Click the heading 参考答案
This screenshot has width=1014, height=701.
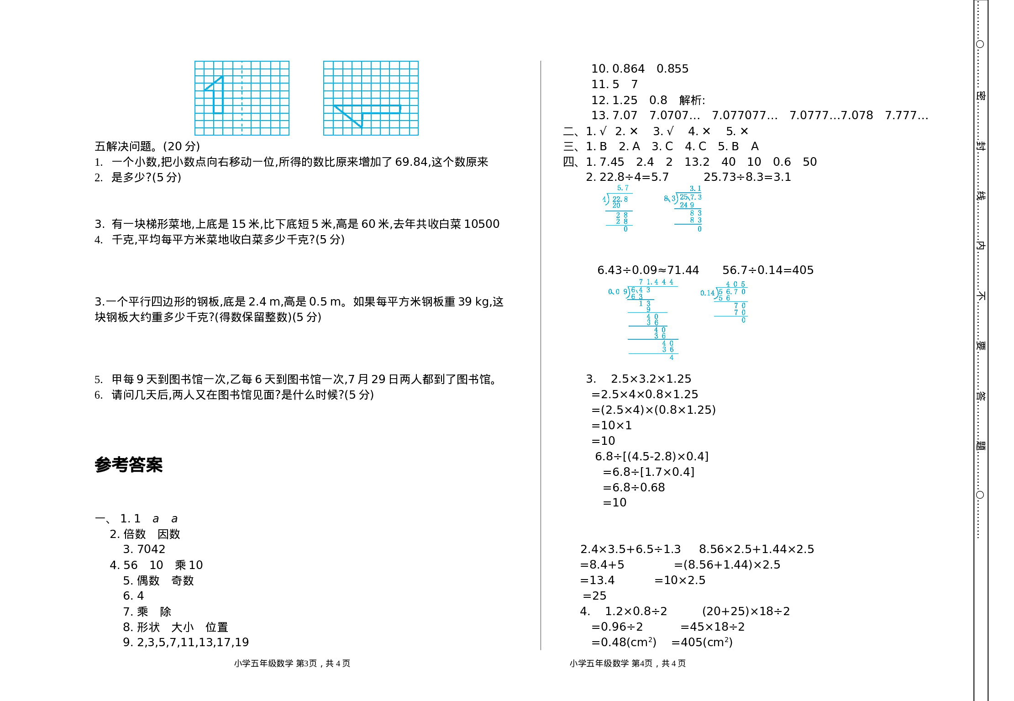pyautogui.click(x=129, y=465)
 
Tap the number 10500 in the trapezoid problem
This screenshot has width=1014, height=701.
pyautogui.click(x=482, y=224)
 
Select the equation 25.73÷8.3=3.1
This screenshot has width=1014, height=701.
pyautogui.click(x=747, y=177)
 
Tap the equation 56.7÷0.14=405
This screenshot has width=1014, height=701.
pyautogui.click(x=767, y=270)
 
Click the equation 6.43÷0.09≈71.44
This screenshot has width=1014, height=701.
pyautogui.click(x=648, y=270)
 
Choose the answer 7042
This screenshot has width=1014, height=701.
pyautogui.click(x=151, y=549)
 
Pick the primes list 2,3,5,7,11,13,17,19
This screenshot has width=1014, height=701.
pyautogui.click(x=193, y=643)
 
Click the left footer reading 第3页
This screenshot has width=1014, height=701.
pyautogui.click(x=306, y=664)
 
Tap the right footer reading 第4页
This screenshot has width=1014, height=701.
pyautogui.click(x=642, y=664)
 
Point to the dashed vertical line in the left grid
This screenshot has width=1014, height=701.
pyautogui.click(x=242, y=98)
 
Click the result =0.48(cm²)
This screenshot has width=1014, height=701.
pyautogui.click(x=624, y=643)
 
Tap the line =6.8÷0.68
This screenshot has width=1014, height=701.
pyautogui.click(x=634, y=488)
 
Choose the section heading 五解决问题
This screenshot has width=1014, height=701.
pyautogui.click(x=123, y=147)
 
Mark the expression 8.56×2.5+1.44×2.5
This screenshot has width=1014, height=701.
pyautogui.click(x=756, y=549)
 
